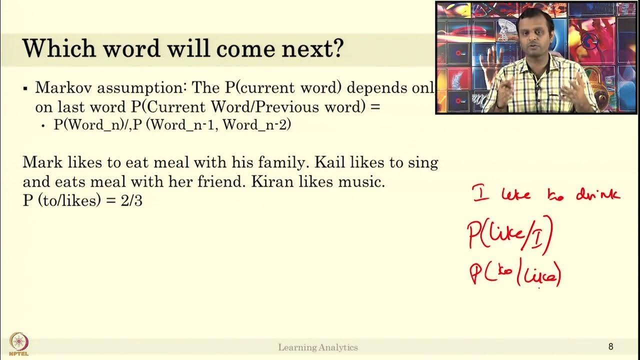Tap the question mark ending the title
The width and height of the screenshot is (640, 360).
point(338,48)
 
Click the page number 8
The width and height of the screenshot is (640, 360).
point(610,346)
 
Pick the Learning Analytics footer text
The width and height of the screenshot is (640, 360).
point(318,347)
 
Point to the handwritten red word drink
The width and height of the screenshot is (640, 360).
point(597,194)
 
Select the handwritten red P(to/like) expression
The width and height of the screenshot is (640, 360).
point(515,274)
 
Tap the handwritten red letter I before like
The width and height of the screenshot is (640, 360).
point(481,193)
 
